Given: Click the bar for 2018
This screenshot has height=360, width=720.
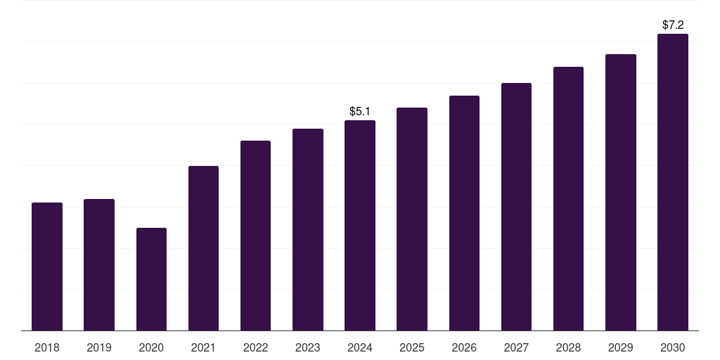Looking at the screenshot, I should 47,266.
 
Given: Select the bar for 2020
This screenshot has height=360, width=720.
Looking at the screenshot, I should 151,279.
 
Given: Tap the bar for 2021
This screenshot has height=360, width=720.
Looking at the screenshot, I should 203,248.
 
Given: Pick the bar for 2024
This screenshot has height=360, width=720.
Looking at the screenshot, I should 360,225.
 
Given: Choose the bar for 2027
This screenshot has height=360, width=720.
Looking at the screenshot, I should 516,207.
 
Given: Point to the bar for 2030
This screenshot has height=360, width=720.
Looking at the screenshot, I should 673,182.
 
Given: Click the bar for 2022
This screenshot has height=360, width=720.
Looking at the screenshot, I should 255,236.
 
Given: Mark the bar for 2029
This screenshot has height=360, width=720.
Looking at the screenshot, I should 621,192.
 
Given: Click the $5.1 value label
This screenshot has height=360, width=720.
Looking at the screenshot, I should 360,111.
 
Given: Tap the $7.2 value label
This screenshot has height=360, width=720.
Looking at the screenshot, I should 673,25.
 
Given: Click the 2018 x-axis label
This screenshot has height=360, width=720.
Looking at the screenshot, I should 47,347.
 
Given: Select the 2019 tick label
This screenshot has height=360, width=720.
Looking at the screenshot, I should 99,347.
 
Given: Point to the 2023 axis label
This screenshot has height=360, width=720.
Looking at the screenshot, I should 308,347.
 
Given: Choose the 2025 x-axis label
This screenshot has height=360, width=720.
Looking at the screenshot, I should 412,347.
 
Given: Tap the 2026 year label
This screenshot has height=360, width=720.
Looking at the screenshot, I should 464,347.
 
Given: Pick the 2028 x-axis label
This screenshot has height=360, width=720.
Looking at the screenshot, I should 568,347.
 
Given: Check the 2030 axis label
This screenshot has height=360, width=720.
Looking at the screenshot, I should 673,347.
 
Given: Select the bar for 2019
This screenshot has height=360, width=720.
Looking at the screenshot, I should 99,264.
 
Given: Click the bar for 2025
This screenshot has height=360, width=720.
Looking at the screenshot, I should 412,219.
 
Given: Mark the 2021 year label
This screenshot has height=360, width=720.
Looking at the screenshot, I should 203,347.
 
